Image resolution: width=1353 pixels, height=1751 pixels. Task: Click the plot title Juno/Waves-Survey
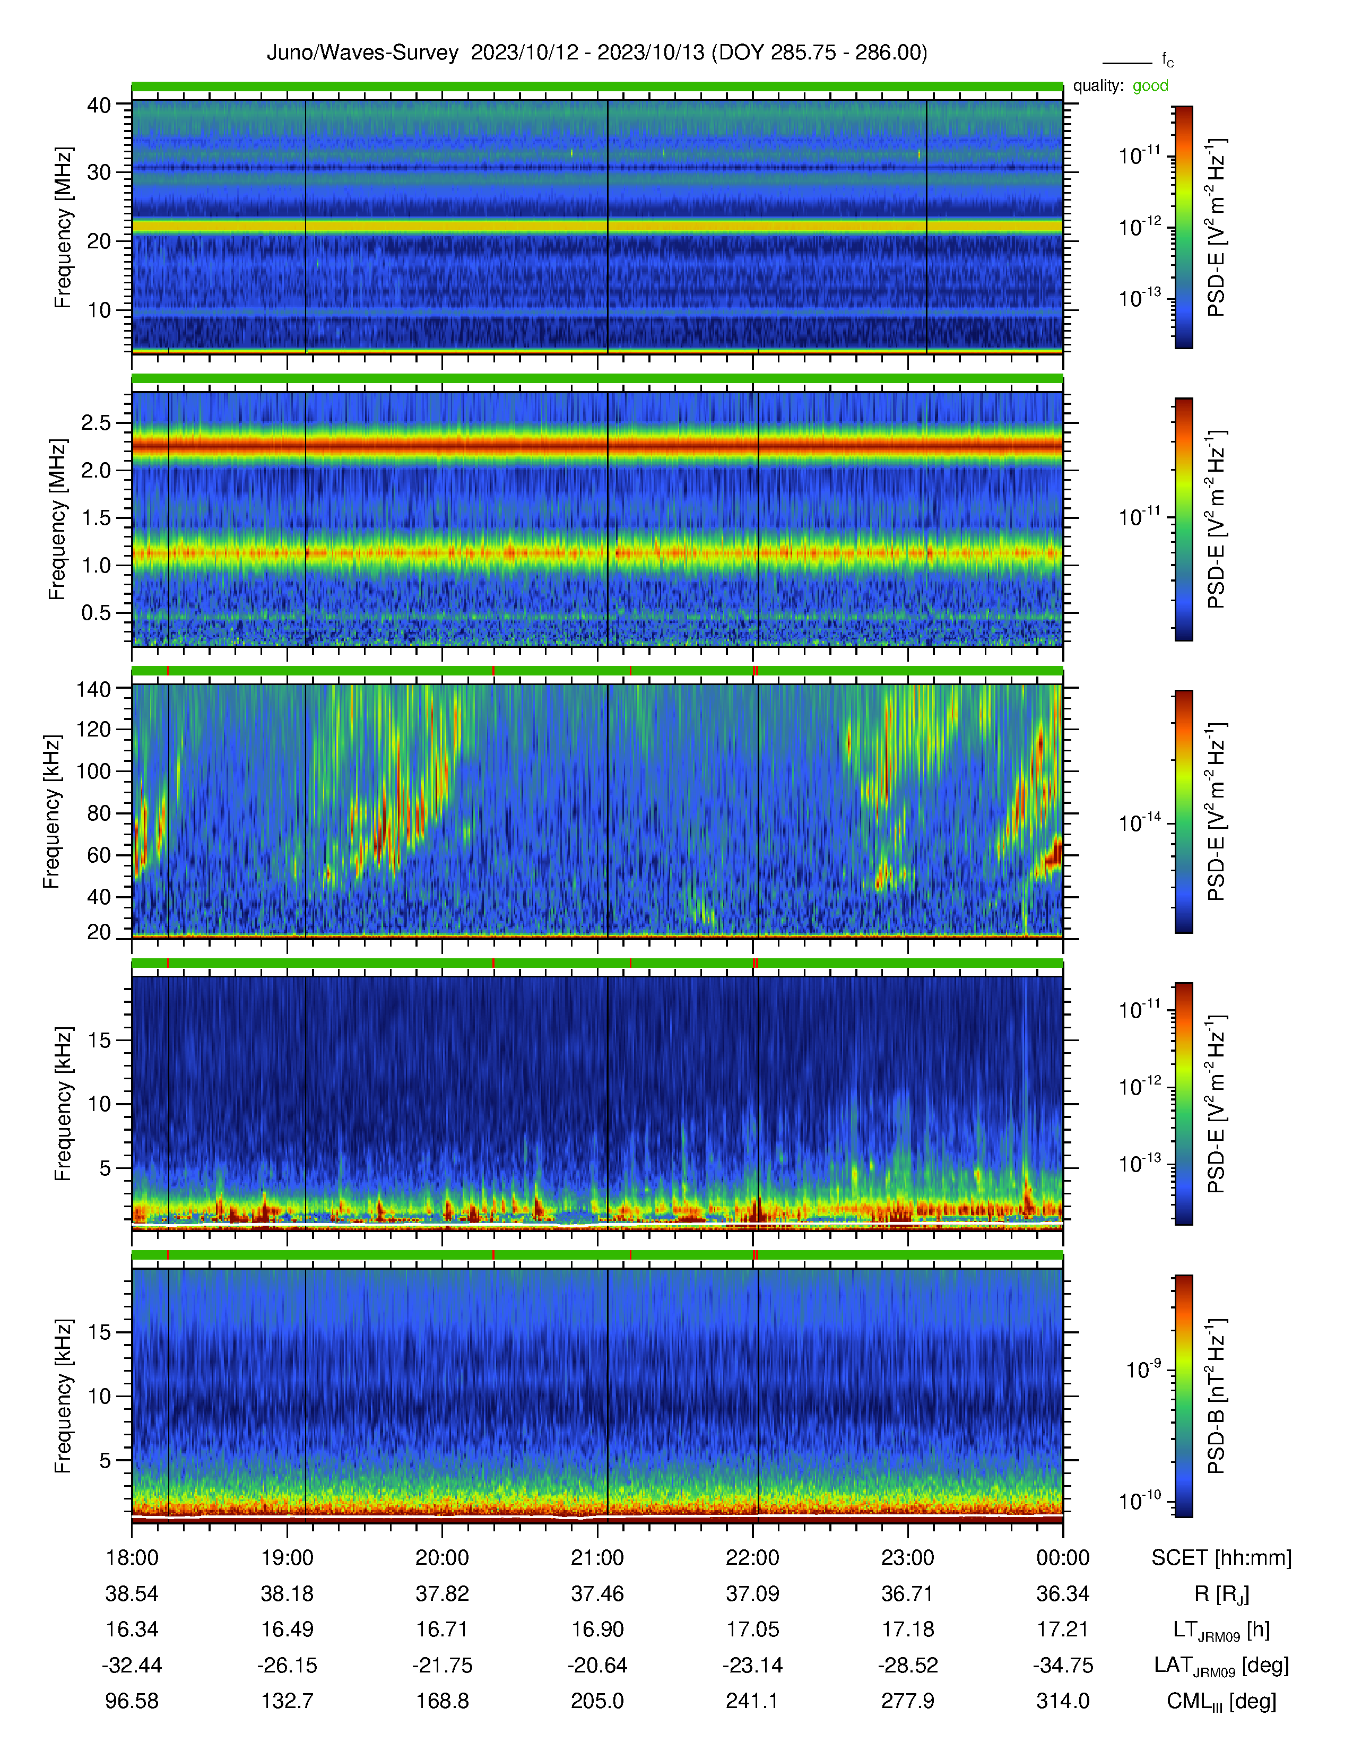pos(362,53)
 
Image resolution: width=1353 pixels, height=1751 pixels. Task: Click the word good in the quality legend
pos(1150,86)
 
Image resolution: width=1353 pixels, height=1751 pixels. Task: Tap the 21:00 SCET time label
pos(597,1558)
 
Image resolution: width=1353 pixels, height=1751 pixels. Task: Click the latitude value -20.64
pos(597,1665)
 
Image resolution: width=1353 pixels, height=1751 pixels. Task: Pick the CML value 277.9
pos(907,1701)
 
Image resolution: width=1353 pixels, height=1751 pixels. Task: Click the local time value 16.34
pos(132,1629)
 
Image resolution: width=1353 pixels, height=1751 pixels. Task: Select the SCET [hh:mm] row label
pos(1221,1558)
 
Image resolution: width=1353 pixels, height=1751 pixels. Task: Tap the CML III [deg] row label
pos(1221,1701)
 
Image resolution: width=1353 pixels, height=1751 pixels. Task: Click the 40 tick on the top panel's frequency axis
pos(99,105)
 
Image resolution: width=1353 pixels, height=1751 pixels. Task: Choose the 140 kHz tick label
pos(93,688)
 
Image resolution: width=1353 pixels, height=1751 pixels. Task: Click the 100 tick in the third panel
pos(93,772)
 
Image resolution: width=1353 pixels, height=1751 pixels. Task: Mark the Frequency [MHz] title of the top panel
pos(63,228)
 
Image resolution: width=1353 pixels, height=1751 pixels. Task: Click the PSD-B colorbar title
pos(1216,1396)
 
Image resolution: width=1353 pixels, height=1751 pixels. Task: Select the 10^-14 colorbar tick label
pos(1140,822)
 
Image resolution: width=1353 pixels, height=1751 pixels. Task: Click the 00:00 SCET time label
pos(1063,1558)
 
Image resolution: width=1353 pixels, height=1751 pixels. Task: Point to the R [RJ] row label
pos(1221,1594)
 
